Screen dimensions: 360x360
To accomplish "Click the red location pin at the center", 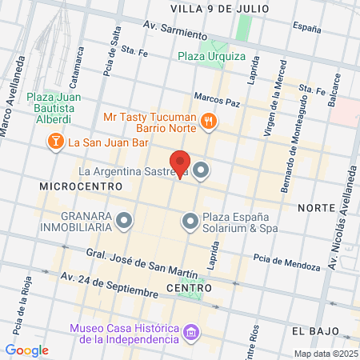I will click(180, 163).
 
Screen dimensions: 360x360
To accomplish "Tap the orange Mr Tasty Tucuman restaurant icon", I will click(209, 121).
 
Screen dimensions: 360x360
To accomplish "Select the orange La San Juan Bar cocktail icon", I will click(56, 142).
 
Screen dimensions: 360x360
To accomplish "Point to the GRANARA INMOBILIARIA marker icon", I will click(123, 219).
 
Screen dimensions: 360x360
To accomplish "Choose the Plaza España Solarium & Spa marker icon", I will click(190, 219).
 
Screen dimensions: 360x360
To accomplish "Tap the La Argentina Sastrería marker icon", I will click(201, 170).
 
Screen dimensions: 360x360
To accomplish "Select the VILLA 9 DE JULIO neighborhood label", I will click(213, 8).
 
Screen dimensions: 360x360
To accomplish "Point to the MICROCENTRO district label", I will click(81, 186).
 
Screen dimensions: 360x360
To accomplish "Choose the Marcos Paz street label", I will click(217, 102).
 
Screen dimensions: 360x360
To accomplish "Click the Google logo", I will click(26, 350).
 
